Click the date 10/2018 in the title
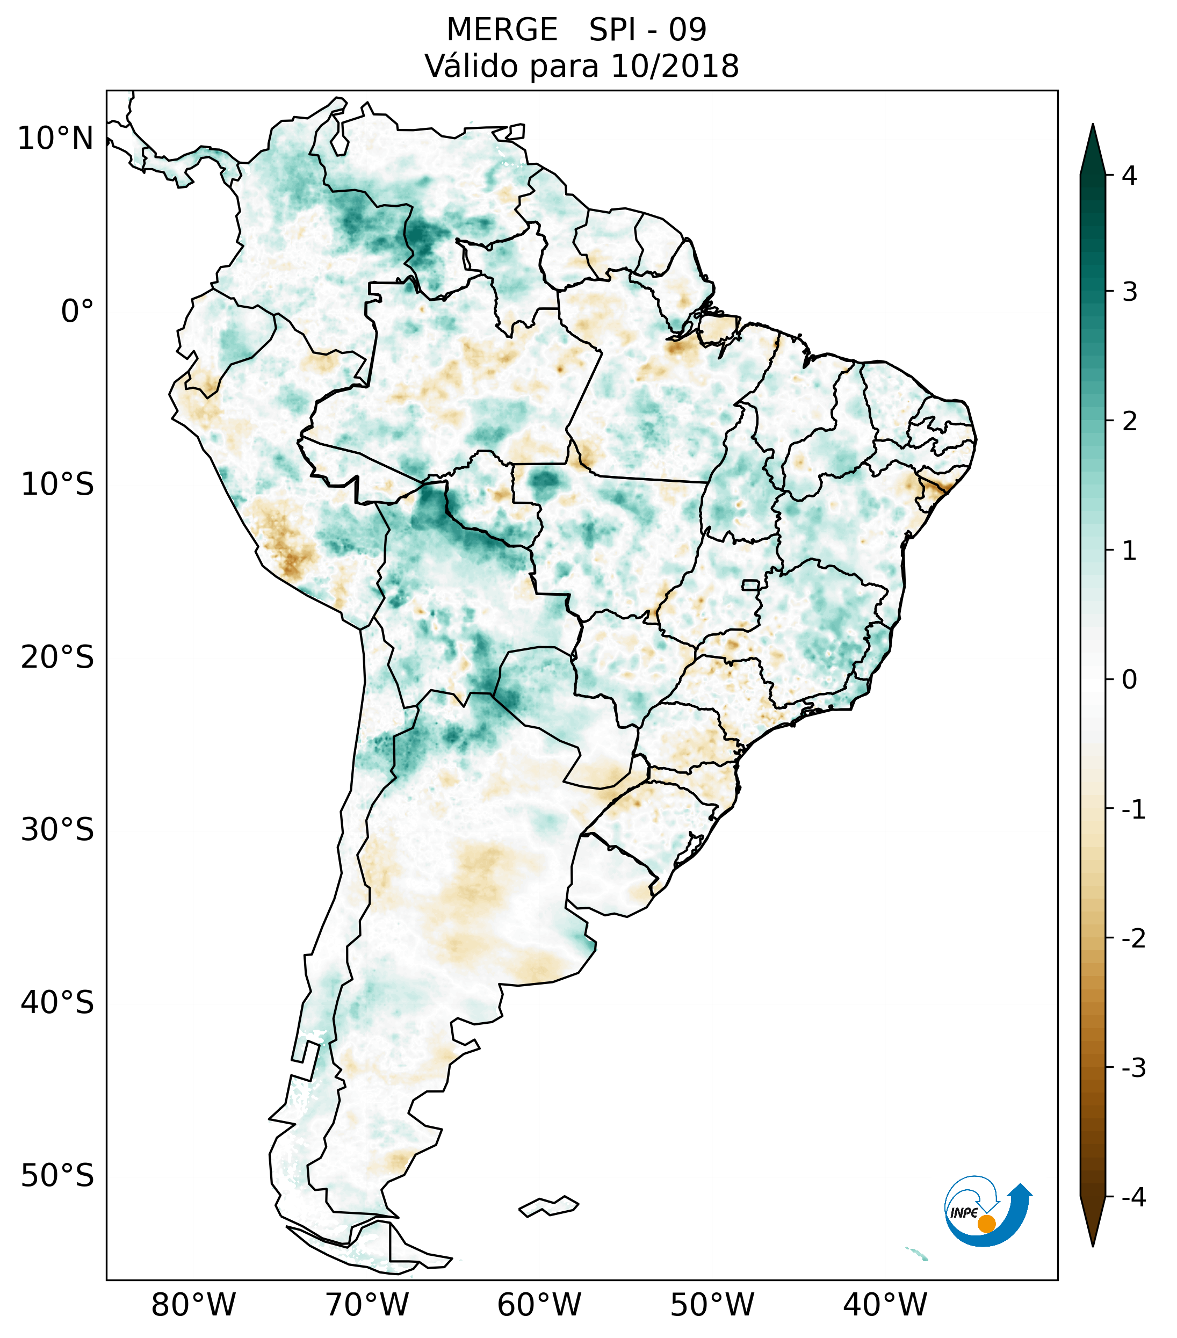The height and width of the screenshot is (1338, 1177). (674, 66)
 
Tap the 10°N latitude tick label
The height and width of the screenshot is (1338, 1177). (56, 139)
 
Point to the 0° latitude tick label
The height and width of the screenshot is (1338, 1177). (77, 312)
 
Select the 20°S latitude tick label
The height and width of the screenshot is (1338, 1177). (57, 657)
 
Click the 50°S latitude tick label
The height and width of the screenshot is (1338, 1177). (57, 1176)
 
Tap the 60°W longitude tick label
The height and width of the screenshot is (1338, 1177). (539, 1305)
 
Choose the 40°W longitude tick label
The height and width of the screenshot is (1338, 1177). (885, 1305)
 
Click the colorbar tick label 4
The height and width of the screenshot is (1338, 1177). (1129, 176)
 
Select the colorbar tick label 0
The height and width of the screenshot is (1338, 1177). (1129, 680)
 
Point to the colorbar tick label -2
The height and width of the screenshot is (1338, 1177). (1133, 939)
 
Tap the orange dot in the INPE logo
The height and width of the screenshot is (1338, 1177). (986, 1224)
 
